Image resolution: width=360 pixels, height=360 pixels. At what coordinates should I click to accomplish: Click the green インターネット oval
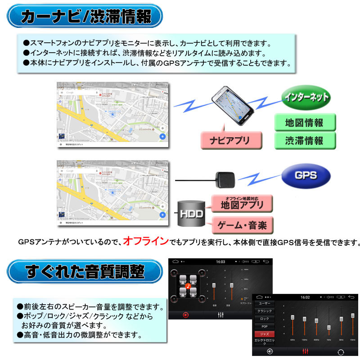click(306, 97)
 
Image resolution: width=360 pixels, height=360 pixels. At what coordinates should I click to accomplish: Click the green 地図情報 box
click(305, 122)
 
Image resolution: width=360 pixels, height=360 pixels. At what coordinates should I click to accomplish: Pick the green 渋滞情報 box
click(305, 141)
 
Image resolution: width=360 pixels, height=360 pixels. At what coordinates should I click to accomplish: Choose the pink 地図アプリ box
click(242, 204)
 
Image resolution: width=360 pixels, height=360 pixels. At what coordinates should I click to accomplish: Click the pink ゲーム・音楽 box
click(242, 224)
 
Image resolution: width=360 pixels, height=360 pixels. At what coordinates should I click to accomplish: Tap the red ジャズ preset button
click(264, 333)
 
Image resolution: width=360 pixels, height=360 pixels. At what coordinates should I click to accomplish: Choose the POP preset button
click(264, 326)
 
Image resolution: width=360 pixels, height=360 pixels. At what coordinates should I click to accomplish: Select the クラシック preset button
click(264, 311)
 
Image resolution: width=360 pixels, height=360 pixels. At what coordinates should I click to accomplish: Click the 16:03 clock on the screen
click(220, 261)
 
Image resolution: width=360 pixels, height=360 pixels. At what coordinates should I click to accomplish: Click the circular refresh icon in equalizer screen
click(340, 351)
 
